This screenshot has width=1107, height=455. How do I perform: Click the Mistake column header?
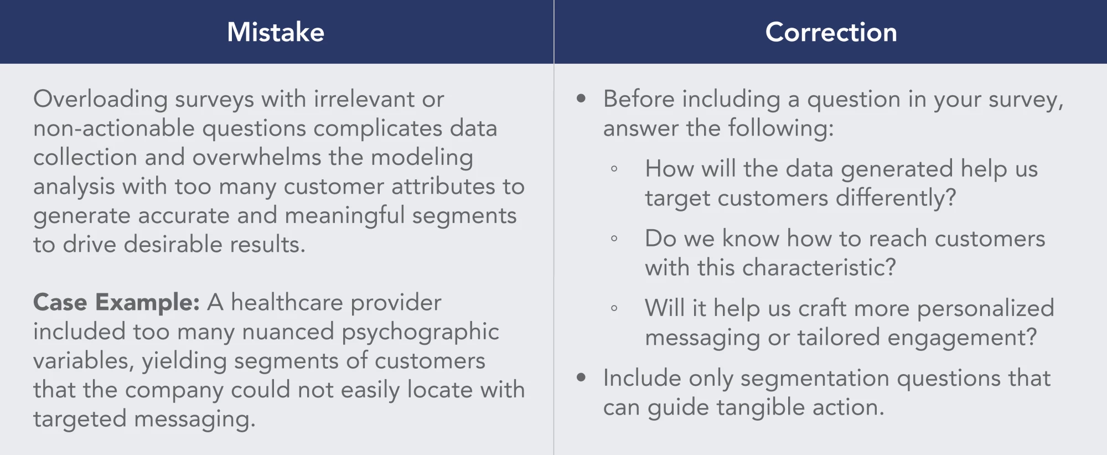tap(276, 32)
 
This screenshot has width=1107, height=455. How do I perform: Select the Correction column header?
tap(831, 32)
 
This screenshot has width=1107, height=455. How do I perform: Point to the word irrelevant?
tap(364, 99)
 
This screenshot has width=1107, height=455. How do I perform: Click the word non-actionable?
tap(114, 128)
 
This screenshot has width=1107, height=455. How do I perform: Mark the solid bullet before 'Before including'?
tap(581, 99)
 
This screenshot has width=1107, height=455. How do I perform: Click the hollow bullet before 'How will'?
tap(614, 169)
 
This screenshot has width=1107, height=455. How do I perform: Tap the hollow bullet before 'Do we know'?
tap(614, 239)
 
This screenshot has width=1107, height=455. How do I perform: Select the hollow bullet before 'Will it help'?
tap(614, 308)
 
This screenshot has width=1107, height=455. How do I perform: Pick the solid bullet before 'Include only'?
tap(581, 378)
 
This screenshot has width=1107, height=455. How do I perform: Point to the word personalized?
tap(985, 309)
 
